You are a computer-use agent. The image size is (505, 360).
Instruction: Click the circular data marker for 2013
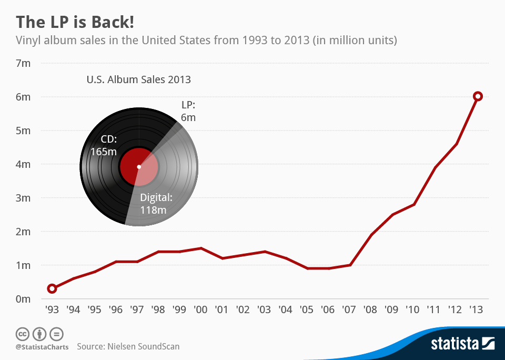tap(478, 96)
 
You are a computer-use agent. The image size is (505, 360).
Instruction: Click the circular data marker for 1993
tap(52, 288)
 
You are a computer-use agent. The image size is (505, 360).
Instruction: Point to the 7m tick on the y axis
tap(24, 63)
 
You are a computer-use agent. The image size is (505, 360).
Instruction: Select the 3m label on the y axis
tap(24, 198)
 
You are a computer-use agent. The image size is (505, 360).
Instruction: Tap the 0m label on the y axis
tap(24, 299)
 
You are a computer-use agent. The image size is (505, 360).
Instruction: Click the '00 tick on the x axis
tap(200, 309)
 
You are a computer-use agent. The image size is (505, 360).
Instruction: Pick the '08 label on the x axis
tap(371, 309)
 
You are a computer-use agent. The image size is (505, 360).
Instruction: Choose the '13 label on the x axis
tap(477, 309)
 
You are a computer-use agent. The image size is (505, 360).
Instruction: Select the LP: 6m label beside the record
tap(188, 112)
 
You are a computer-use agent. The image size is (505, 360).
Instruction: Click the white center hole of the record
tap(139, 167)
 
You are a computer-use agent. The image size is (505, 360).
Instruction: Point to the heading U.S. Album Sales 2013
tap(138, 80)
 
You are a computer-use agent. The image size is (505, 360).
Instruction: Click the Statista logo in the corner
tap(462, 344)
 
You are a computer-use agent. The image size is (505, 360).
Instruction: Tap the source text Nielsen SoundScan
tap(128, 346)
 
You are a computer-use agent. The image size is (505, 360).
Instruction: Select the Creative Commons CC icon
tap(22, 334)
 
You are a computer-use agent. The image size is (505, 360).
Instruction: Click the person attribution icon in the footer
tap(39, 334)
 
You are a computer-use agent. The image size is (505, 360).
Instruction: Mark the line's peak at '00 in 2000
tap(200, 248)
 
